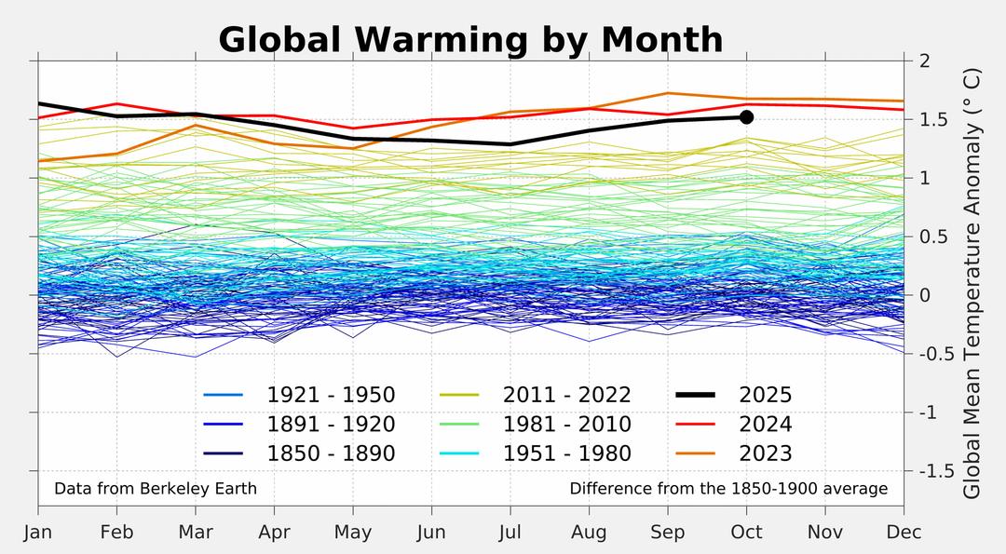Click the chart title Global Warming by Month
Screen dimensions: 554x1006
[470, 40]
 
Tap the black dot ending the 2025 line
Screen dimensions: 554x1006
[746, 117]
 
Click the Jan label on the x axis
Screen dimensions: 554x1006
[38, 533]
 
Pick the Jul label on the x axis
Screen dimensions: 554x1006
[510, 533]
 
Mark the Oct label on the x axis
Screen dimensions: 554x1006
[746, 533]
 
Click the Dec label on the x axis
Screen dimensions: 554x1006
[904, 533]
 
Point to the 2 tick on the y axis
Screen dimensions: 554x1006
[924, 61]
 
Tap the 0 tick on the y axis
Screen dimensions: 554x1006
[924, 295]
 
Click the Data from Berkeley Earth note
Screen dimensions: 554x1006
[156, 489]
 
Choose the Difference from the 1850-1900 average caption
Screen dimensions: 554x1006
[728, 489]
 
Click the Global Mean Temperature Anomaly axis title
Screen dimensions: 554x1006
[972, 283]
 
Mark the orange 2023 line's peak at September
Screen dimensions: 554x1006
[668, 93]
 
